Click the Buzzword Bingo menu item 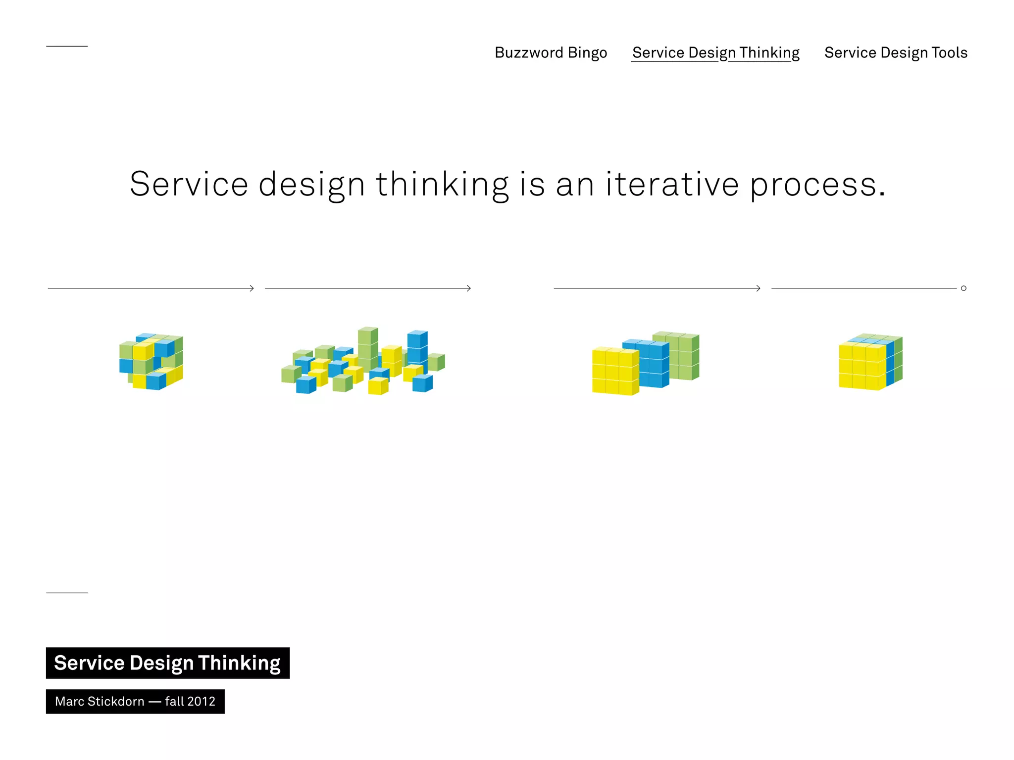click(551, 52)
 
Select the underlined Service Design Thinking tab click(715, 52)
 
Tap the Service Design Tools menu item click(895, 52)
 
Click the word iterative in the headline click(672, 184)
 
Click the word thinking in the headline click(442, 184)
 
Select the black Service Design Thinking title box click(167, 663)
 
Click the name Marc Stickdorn click(100, 701)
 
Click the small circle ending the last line click(963, 288)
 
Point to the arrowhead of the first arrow click(252, 288)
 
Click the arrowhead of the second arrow click(469, 288)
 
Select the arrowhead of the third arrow click(758, 288)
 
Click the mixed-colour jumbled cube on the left click(151, 361)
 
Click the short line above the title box click(67, 592)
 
